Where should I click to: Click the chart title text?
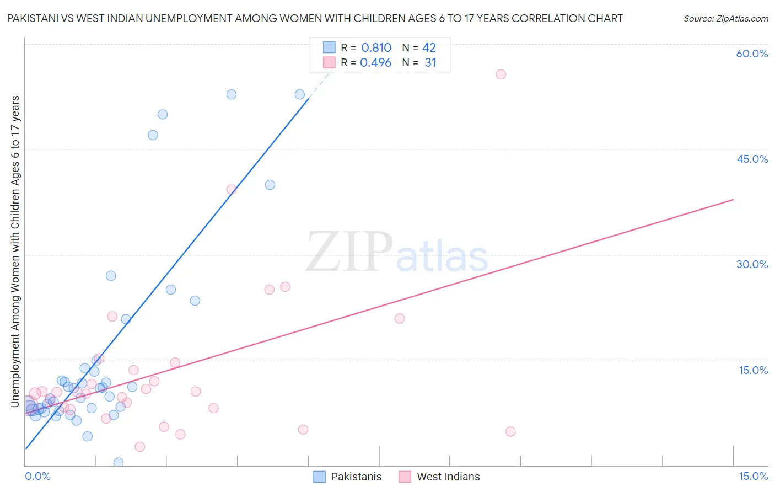[314, 18]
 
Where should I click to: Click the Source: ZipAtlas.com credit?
[725, 18]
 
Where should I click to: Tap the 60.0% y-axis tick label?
[752, 54]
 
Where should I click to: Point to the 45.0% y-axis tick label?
[752, 159]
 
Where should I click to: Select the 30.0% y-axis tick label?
[752, 264]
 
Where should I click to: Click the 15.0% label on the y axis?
[753, 370]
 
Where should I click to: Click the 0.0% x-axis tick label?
[37, 476]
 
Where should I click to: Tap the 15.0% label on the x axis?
[753, 476]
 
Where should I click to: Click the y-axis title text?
[15, 251]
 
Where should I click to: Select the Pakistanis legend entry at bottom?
[348, 477]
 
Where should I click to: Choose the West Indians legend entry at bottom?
[439, 477]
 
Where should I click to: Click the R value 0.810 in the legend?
[376, 48]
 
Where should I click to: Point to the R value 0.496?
[375, 63]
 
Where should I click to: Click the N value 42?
[429, 48]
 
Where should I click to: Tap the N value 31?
[430, 63]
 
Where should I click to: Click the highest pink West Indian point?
[500, 74]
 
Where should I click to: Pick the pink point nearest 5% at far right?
[510, 431]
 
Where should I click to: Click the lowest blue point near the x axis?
[118, 462]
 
